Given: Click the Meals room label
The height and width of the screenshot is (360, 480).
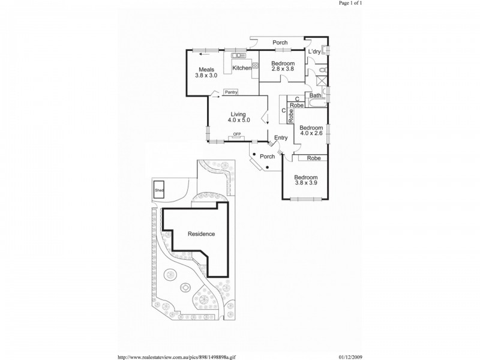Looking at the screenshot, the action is pyautogui.click(x=206, y=70).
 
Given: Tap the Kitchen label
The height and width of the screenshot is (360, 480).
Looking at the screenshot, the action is pyautogui.click(x=242, y=68).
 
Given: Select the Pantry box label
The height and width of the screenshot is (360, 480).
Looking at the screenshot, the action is pyautogui.click(x=231, y=92).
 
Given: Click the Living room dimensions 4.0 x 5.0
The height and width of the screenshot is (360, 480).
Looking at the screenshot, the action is pyautogui.click(x=239, y=121).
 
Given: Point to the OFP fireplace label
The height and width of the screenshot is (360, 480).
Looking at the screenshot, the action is pyautogui.click(x=237, y=134).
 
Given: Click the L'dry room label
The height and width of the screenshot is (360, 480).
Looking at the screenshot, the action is pyautogui.click(x=314, y=52).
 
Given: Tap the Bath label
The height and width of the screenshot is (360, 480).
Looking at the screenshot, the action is pyautogui.click(x=316, y=95).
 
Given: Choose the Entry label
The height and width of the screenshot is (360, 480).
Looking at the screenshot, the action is pyautogui.click(x=281, y=138).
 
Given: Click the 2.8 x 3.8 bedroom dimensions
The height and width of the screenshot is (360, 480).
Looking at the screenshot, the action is pyautogui.click(x=283, y=69).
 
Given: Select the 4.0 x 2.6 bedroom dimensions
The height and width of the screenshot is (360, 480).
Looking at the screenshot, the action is pyautogui.click(x=311, y=133).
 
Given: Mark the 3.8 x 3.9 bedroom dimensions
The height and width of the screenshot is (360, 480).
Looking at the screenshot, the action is pyautogui.click(x=306, y=183).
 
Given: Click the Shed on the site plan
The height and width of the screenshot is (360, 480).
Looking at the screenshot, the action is pyautogui.click(x=159, y=190).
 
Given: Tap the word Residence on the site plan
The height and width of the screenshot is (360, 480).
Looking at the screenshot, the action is pyautogui.click(x=201, y=234).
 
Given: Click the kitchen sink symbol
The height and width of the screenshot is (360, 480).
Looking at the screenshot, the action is pyautogui.click(x=239, y=55).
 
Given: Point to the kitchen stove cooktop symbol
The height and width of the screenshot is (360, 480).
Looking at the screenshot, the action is pyautogui.click(x=255, y=65).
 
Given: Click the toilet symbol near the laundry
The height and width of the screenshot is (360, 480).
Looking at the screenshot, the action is pyautogui.click(x=323, y=70).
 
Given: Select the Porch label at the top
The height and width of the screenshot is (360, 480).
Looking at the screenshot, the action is pyautogui.click(x=280, y=43).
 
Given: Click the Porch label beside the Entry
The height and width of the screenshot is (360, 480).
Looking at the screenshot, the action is pyautogui.click(x=267, y=157).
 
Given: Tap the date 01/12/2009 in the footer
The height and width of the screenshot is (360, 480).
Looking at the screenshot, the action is pyautogui.click(x=350, y=357).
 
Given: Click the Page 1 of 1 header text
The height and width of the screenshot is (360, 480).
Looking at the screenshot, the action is pyautogui.click(x=350, y=3).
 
